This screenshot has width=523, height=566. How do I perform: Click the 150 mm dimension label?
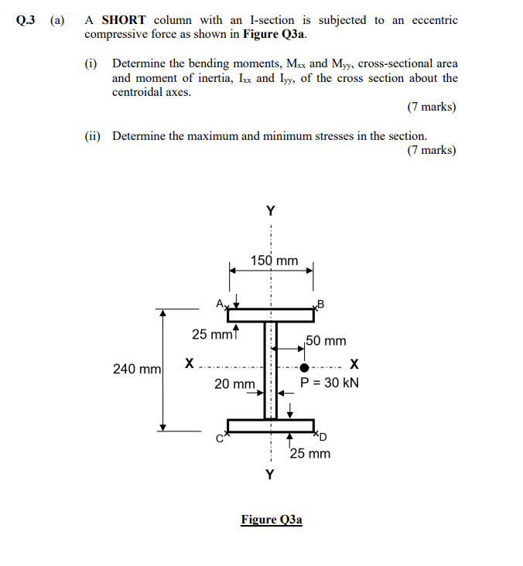274,261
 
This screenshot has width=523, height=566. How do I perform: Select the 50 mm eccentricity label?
326,340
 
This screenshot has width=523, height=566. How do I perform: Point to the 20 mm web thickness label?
234,384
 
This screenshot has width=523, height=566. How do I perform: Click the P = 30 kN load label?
330,383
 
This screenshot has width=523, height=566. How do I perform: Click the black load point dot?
304,367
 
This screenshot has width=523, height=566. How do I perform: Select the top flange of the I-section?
271,315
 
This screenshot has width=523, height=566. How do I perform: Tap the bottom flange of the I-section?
271,426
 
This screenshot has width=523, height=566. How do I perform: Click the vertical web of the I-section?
271,370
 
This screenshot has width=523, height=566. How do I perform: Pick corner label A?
220,302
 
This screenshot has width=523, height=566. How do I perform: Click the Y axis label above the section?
270,210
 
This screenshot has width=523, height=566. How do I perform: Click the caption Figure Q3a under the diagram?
272,520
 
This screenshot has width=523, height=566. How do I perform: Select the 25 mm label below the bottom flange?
310,453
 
